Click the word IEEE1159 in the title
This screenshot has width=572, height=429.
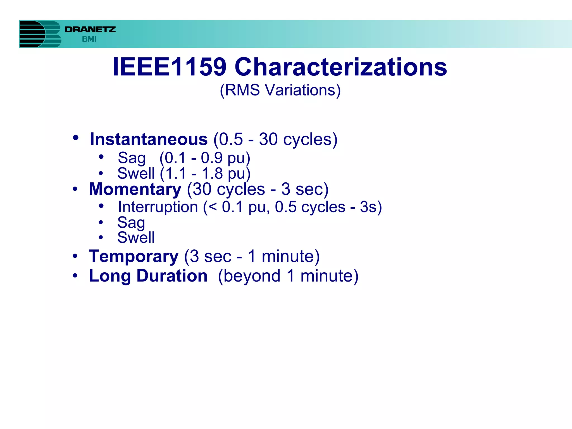pyautogui.click(x=169, y=67)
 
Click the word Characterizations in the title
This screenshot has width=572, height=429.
pyautogui.click(x=341, y=67)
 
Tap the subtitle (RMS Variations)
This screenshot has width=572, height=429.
pyautogui.click(x=280, y=90)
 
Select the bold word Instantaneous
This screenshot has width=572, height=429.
pyautogui.click(x=149, y=139)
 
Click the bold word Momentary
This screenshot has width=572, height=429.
pyautogui.click(x=135, y=189)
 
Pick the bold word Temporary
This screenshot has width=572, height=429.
pyautogui.click(x=134, y=256)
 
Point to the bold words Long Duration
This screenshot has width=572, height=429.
pyautogui.click(x=148, y=276)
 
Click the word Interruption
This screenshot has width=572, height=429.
pyautogui.click(x=158, y=207)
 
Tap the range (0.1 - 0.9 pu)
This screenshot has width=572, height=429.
pyautogui.click(x=205, y=158)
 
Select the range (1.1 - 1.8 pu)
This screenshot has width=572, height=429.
pyautogui.click(x=205, y=173)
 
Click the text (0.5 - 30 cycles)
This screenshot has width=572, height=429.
pyautogui.click(x=275, y=139)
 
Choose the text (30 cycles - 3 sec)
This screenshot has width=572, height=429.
pyautogui.click(x=258, y=189)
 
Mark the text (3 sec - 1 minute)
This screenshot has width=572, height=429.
pyautogui.click(x=252, y=256)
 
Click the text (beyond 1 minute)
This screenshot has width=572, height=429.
pyautogui.click(x=288, y=276)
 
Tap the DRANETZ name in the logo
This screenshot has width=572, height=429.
pyautogui.click(x=90, y=29)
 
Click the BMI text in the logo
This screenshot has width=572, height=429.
pyautogui.click(x=89, y=39)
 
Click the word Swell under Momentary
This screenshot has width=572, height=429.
pyautogui.click(x=136, y=238)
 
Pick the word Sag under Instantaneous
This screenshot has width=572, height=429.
pyautogui.click(x=132, y=158)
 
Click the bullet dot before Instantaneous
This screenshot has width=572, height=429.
pyautogui.click(x=75, y=138)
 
